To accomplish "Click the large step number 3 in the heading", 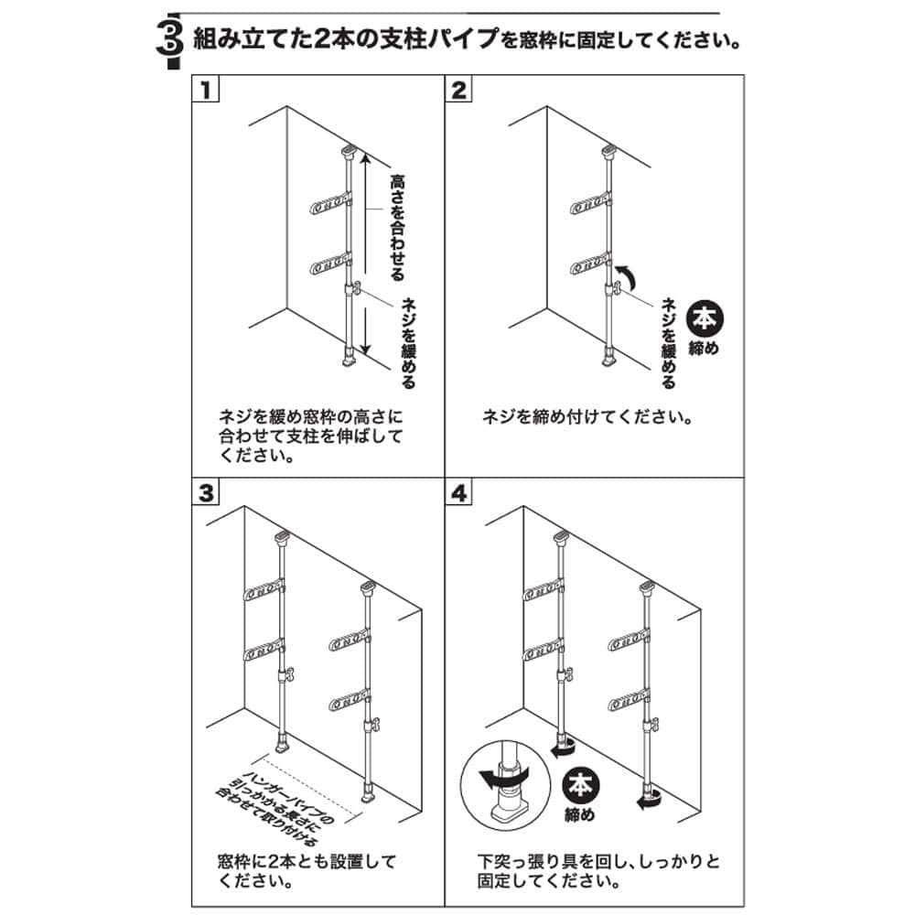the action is point(170,40).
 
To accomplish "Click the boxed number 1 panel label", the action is point(205,91).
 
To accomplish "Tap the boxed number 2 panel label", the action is point(459,91).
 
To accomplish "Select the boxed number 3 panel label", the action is point(206,493).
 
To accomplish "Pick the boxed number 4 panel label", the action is point(459,493).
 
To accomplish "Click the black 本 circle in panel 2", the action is point(705,319).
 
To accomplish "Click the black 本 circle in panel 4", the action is point(581,785).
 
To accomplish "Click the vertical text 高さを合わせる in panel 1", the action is point(397,228).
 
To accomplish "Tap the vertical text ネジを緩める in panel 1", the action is point(408,342).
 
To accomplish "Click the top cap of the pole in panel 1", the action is point(349,152).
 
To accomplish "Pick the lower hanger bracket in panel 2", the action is point(590,264).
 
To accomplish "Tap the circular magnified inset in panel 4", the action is point(505,785).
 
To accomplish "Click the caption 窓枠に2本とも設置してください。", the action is point(307,871).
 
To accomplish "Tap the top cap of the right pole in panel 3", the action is point(367,587).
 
